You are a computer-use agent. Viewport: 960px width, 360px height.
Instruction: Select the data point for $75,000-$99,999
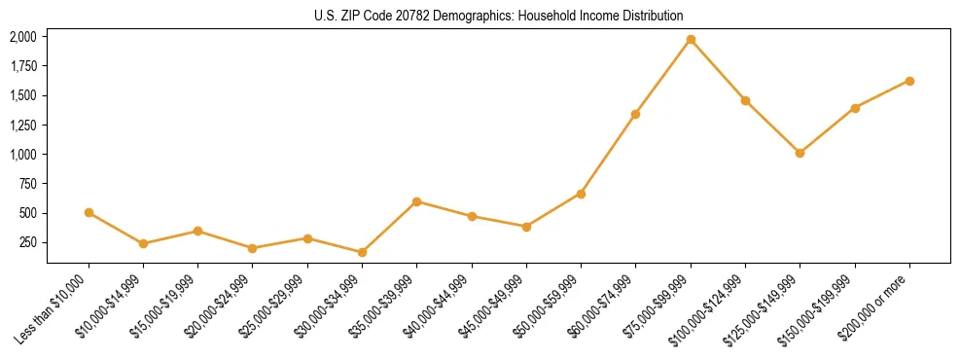(x=691, y=39)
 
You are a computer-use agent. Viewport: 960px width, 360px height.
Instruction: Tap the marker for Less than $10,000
(x=89, y=212)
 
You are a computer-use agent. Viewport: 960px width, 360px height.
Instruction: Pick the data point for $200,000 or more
(x=909, y=81)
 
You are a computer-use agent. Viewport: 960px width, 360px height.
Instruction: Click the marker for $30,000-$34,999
(x=362, y=253)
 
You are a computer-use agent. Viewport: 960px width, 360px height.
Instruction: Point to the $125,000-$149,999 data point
(x=800, y=153)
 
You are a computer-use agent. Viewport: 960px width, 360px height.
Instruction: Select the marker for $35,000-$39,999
(x=416, y=201)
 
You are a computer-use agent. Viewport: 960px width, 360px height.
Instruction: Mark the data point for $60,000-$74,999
(x=635, y=114)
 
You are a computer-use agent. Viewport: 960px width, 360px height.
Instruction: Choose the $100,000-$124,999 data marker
(x=745, y=100)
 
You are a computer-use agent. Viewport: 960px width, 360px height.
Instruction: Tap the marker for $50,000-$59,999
(x=581, y=194)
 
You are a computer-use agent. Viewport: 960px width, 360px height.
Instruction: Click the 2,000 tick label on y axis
(x=23, y=37)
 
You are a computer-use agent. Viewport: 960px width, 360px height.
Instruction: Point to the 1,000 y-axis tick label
(x=23, y=154)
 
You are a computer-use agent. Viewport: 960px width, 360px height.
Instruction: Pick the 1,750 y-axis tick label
(x=23, y=66)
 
